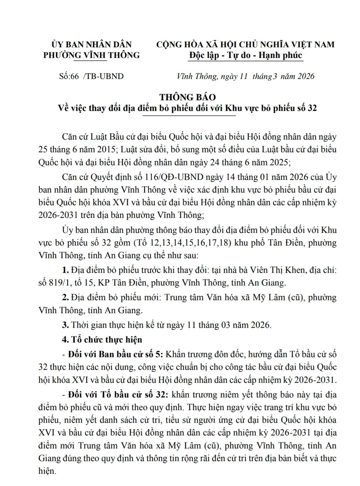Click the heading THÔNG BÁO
[187, 97]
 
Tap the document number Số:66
[69, 76]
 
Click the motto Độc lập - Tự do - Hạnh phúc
[245, 55]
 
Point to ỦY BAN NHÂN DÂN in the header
[91, 44]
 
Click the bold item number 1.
[65, 270]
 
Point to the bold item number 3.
[65, 325]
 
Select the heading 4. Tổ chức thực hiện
[102, 339]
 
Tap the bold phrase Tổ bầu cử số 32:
[119, 395]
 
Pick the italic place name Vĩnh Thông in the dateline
[197, 76]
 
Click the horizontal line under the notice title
[189, 116]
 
